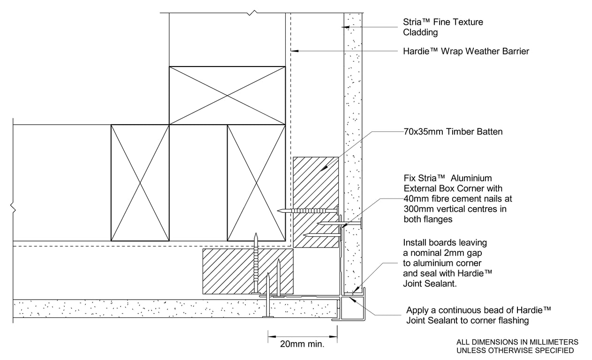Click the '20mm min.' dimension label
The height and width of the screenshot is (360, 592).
pos(302,344)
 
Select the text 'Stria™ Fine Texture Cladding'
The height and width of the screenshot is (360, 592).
pos(443,27)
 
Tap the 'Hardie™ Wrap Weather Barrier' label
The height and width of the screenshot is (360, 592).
pos(466,51)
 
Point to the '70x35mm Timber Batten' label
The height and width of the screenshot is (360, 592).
pos(453,132)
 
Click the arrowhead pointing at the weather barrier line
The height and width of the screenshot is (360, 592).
pos(295,51)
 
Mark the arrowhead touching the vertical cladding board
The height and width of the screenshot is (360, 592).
pos(345,27)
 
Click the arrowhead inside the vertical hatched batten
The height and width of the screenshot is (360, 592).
pos(324,168)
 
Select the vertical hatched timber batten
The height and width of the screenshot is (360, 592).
pos(316,202)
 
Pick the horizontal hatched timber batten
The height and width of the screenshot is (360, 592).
pos(248,271)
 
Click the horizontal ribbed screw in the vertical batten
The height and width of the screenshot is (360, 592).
pos(308,210)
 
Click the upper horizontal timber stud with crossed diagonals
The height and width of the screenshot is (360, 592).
pos(228,95)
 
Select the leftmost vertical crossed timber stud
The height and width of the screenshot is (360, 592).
pos(140,183)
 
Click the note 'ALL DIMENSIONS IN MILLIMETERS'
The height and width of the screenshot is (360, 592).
pos(517,342)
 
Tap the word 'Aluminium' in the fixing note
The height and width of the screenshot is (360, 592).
pos(471,178)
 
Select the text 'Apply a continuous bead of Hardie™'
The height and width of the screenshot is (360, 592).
pos(478,310)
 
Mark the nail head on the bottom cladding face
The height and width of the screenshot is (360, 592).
pos(268,316)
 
